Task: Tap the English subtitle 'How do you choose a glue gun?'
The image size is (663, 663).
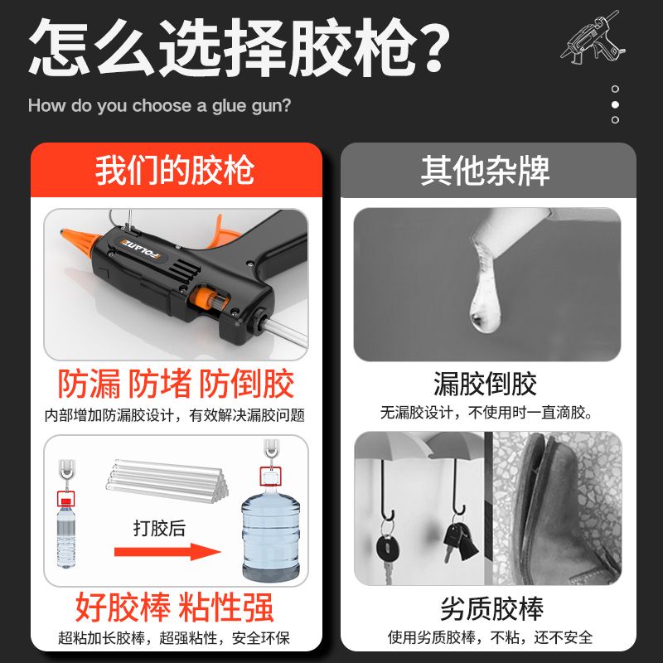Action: pyautogui.click(x=159, y=106)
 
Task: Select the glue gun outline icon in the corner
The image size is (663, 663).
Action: pyautogui.click(x=593, y=37)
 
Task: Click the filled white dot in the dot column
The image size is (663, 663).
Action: pyautogui.click(x=615, y=104)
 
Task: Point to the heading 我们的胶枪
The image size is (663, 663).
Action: pyautogui.click(x=175, y=170)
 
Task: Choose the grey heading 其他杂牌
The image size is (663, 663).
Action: pyautogui.click(x=485, y=171)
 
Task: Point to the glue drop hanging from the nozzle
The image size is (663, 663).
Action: pyautogui.click(x=485, y=296)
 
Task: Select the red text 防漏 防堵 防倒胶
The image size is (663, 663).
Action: pyautogui.click(x=176, y=383)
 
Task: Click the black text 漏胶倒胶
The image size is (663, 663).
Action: pyautogui.click(x=485, y=384)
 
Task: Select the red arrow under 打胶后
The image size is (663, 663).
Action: pyautogui.click(x=167, y=552)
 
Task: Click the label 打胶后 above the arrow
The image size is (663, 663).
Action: pyautogui.click(x=159, y=528)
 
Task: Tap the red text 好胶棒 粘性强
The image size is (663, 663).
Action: pyautogui.click(x=174, y=607)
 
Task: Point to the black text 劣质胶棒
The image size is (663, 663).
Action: pyautogui.click(x=491, y=608)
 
